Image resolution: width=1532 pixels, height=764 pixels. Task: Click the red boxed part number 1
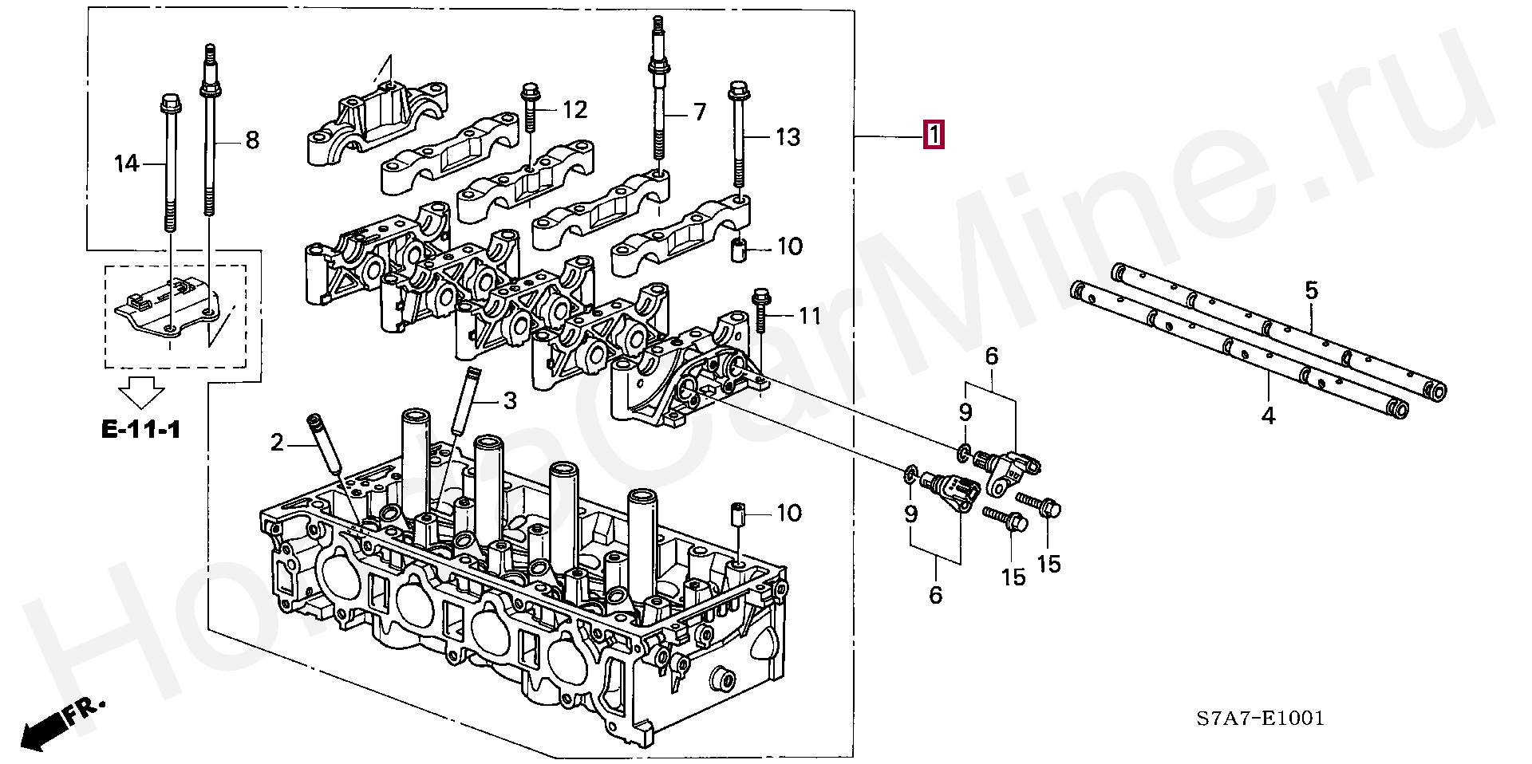933,135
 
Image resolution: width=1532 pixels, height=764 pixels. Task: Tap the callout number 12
574,110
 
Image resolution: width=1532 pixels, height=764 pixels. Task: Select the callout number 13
788,137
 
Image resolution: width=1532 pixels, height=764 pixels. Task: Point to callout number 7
699,112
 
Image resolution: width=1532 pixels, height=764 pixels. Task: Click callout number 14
126,164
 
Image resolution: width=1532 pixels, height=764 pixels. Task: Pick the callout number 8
252,141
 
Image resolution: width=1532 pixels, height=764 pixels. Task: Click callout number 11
809,317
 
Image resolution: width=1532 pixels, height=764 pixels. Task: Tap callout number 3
510,400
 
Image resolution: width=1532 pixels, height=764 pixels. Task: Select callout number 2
277,442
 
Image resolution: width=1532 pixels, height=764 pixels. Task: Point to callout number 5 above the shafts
1312,290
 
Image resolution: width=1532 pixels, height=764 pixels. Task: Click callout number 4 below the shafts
1268,415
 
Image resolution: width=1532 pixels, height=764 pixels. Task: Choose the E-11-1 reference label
141,430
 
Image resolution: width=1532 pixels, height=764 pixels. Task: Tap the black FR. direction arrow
48,726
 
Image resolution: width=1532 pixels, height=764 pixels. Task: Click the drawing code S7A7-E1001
1260,719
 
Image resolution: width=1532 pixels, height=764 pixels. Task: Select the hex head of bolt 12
531,91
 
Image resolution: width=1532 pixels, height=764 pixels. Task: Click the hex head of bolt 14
170,104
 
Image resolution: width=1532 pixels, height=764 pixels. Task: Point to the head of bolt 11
760,298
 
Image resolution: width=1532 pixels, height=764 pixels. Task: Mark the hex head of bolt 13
737,89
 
